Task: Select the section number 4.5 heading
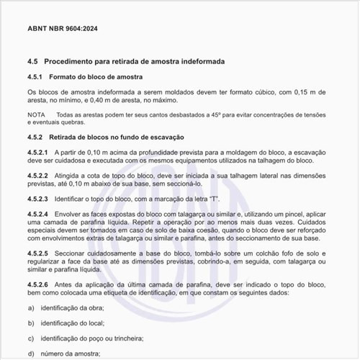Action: click(x=32, y=62)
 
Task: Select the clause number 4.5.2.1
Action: click(x=37, y=153)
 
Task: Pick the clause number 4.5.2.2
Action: click(x=37, y=175)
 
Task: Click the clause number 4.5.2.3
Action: click(x=37, y=197)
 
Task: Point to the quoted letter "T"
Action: click(x=214, y=197)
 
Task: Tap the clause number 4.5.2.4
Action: click(x=37, y=214)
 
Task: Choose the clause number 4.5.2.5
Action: click(x=37, y=253)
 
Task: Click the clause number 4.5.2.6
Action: click(x=37, y=286)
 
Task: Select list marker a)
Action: click(x=31, y=307)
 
